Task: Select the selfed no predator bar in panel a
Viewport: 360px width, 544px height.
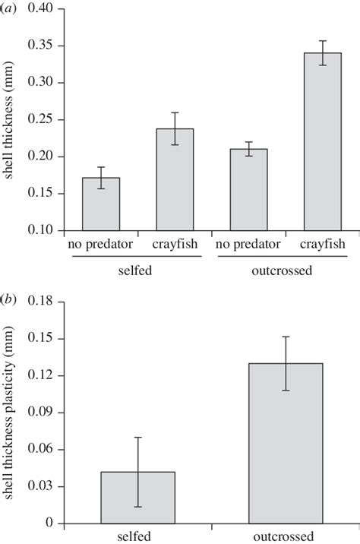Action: click(x=101, y=204)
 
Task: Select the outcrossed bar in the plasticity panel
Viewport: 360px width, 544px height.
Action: click(x=286, y=444)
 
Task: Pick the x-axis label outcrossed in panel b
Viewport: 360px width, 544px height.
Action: click(x=286, y=536)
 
